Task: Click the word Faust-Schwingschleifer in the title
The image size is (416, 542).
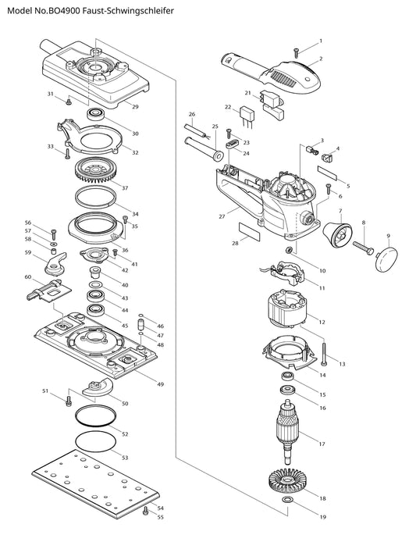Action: coord(129,11)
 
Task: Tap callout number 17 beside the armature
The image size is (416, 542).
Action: coord(322,444)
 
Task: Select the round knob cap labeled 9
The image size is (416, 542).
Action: coord(386,257)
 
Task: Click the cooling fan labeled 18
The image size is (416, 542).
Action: coord(286,480)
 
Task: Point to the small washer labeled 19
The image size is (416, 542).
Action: coord(287,499)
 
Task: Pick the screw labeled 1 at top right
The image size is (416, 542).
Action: coord(296,52)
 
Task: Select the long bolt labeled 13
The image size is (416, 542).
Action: coord(325,352)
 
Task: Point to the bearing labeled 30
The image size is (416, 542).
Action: coord(95,114)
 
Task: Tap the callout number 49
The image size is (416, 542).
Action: coord(160,384)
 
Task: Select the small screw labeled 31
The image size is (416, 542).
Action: coord(69,102)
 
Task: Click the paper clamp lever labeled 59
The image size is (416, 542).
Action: coord(55,264)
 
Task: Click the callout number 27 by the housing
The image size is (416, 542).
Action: coord(222,217)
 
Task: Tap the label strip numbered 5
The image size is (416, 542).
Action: coord(327,173)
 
